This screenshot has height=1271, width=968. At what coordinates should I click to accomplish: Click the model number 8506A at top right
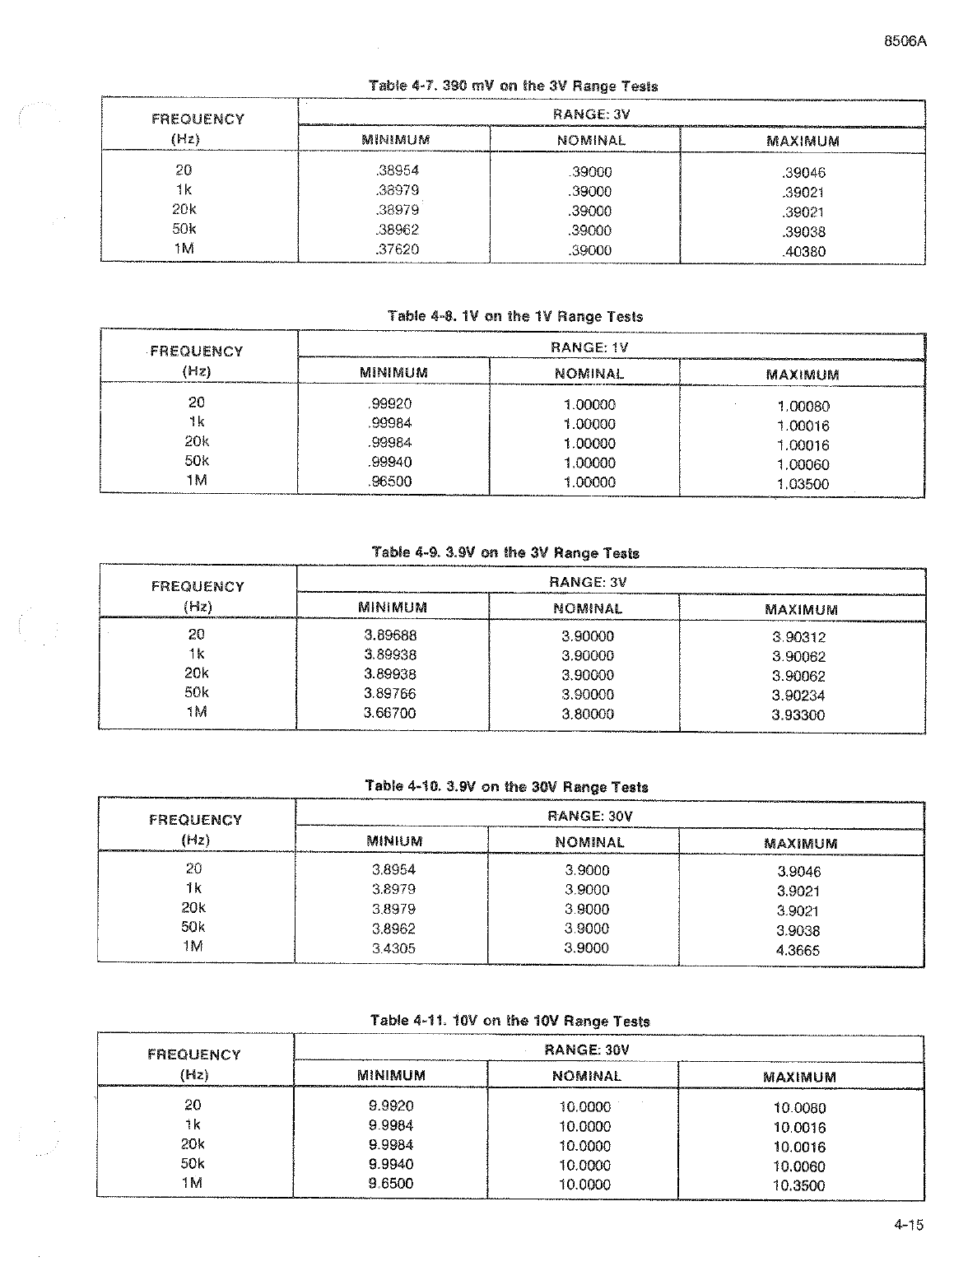(x=904, y=42)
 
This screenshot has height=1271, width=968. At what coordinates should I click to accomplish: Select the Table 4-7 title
(x=514, y=86)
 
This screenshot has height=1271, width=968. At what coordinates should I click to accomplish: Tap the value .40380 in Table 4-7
(x=803, y=252)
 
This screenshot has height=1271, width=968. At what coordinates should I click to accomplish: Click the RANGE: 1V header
(x=589, y=347)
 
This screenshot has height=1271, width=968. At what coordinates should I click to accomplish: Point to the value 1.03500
(x=803, y=484)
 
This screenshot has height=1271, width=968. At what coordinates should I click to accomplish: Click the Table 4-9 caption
(x=505, y=552)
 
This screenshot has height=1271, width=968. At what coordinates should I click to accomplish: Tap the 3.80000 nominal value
(x=588, y=714)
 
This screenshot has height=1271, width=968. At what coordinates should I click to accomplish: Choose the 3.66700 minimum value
(x=389, y=713)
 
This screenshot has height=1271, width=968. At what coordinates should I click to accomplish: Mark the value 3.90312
(x=798, y=637)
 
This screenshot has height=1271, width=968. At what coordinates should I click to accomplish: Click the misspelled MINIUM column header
(x=394, y=841)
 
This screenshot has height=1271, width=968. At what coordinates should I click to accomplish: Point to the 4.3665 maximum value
(x=798, y=950)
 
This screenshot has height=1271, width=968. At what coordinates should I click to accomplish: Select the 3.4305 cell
(x=393, y=948)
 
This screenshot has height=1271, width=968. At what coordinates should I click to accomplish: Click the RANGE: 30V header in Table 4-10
(x=589, y=816)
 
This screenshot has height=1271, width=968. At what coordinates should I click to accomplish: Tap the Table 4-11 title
(x=510, y=1021)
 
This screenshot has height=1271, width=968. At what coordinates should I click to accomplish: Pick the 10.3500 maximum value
(x=798, y=1185)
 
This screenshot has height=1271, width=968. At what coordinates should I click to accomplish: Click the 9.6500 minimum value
(x=391, y=1183)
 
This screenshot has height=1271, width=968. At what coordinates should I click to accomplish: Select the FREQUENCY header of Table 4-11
(x=194, y=1055)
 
